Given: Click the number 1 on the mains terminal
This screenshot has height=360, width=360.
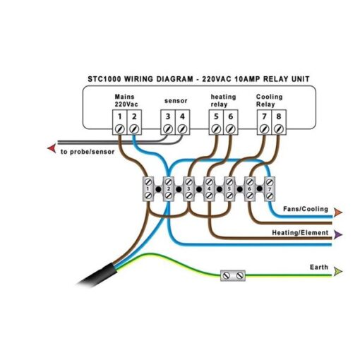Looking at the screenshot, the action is pos(120,116).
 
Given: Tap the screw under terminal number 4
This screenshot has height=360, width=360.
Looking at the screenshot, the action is pos(182,129).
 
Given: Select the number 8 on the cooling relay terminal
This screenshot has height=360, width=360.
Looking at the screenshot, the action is pos(279,116).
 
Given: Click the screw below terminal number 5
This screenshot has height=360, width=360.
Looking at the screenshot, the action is pos(216,129).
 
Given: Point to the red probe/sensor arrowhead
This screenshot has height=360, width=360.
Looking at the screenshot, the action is pos(52,148).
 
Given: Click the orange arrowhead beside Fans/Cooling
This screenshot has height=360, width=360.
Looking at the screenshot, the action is pos(338,212).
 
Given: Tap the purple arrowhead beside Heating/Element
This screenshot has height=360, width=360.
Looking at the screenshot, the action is pos(338,234).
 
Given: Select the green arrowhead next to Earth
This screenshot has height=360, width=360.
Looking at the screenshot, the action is pos(338,272).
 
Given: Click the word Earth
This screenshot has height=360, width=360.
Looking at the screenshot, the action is pos(319,267).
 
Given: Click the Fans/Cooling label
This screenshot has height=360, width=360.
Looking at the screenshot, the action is pos(306,209).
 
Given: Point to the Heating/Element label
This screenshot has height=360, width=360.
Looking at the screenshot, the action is pos(300,233).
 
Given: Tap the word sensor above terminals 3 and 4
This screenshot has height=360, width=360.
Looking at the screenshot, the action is pos(176,101).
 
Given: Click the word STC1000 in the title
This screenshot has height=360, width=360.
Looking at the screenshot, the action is pos(104,79).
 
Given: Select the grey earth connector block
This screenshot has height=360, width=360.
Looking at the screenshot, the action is pos(233,275).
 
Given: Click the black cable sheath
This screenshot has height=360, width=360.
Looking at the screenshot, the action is pos(97,275).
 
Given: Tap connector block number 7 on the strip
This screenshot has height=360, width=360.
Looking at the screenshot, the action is pos(270,189).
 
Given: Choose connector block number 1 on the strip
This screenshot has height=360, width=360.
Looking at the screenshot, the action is pos(148,189).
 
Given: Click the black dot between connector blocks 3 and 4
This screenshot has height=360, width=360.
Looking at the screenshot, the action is pos(199,189).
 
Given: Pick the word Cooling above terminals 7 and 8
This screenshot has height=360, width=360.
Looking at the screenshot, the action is pos(269,97).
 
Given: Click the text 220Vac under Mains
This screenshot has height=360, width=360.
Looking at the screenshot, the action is pos(126,104).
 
